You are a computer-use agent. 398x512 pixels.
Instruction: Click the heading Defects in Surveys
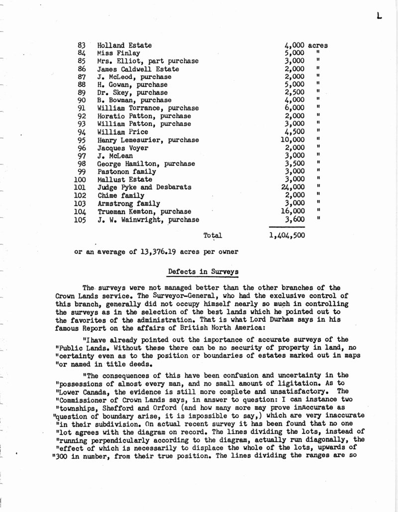click(203, 272)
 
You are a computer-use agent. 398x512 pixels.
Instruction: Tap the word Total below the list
click(212, 235)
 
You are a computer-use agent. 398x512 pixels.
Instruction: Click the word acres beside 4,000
click(318, 45)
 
